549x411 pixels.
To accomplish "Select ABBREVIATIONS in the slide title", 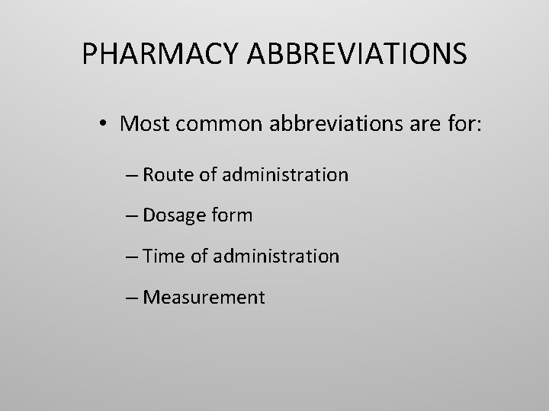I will (x=356, y=54).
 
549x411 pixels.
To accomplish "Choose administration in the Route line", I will (x=285, y=175).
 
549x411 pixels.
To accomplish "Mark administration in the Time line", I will (x=276, y=256).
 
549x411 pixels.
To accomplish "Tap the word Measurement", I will (x=204, y=297).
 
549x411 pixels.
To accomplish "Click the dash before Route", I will (x=130, y=176).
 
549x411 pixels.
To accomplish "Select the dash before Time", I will (x=130, y=257).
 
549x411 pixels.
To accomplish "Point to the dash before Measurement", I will (x=130, y=298).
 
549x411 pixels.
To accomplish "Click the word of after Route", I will (x=208, y=175).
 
